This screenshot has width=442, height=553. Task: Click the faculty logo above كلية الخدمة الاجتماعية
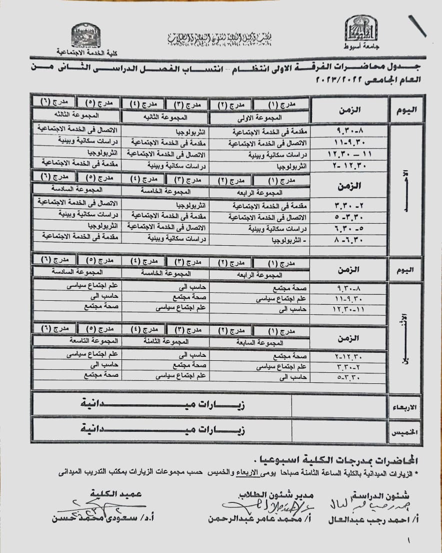(85, 36)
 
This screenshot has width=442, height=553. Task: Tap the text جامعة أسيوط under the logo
(361, 46)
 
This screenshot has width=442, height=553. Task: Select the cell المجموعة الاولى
(261, 118)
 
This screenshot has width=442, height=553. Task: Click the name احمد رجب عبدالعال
(372, 519)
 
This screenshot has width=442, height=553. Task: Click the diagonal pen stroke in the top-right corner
(417, 26)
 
